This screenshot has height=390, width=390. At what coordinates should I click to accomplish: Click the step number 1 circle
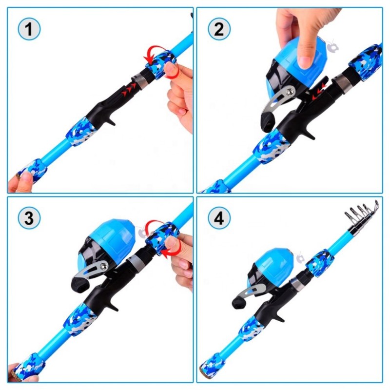coord(29,30)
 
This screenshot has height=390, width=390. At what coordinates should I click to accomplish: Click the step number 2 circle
coord(219,30)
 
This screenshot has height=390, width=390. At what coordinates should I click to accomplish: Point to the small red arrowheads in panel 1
coord(129,88)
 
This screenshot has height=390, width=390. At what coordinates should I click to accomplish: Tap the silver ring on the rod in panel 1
coord(141,78)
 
